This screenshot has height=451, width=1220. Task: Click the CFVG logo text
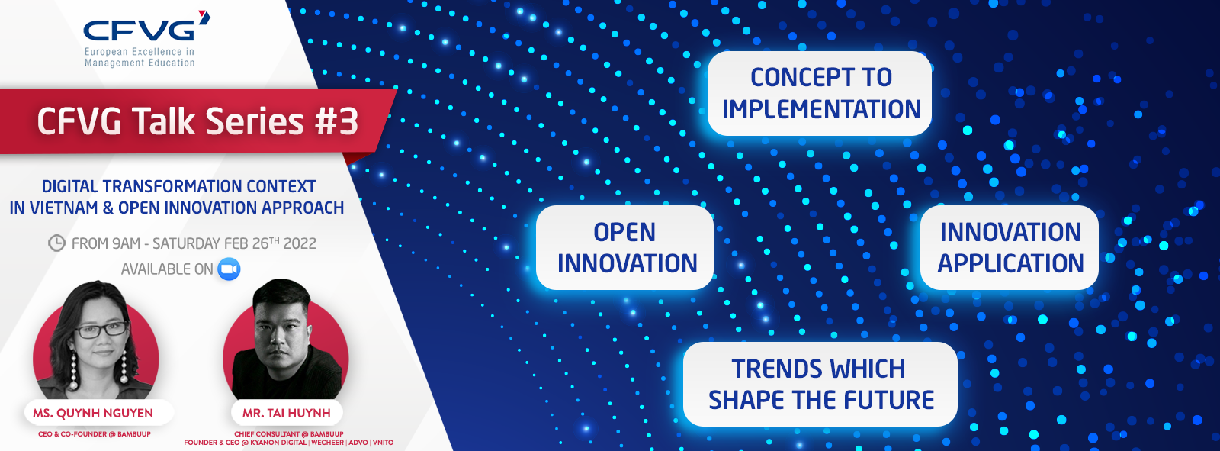(x=140, y=31)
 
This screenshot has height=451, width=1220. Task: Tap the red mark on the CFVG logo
(x=204, y=17)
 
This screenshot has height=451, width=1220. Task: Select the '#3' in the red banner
(x=336, y=121)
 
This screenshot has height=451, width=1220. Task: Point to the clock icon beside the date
(x=56, y=243)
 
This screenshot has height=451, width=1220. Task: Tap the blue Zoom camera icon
(x=229, y=269)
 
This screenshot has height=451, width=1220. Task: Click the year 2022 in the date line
(x=300, y=243)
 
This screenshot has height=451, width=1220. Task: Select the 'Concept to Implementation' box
(x=819, y=93)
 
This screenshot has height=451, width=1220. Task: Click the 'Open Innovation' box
(x=624, y=247)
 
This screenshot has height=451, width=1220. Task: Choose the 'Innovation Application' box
(x=1010, y=247)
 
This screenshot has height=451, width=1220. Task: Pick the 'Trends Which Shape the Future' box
(x=820, y=384)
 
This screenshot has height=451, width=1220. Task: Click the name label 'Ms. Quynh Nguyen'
(x=93, y=413)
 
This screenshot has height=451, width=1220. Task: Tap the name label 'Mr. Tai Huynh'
(x=287, y=413)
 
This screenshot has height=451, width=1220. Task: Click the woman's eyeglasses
(x=101, y=330)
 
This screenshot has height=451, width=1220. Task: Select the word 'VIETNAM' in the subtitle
(x=60, y=208)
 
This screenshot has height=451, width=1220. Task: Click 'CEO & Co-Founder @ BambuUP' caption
(x=95, y=434)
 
